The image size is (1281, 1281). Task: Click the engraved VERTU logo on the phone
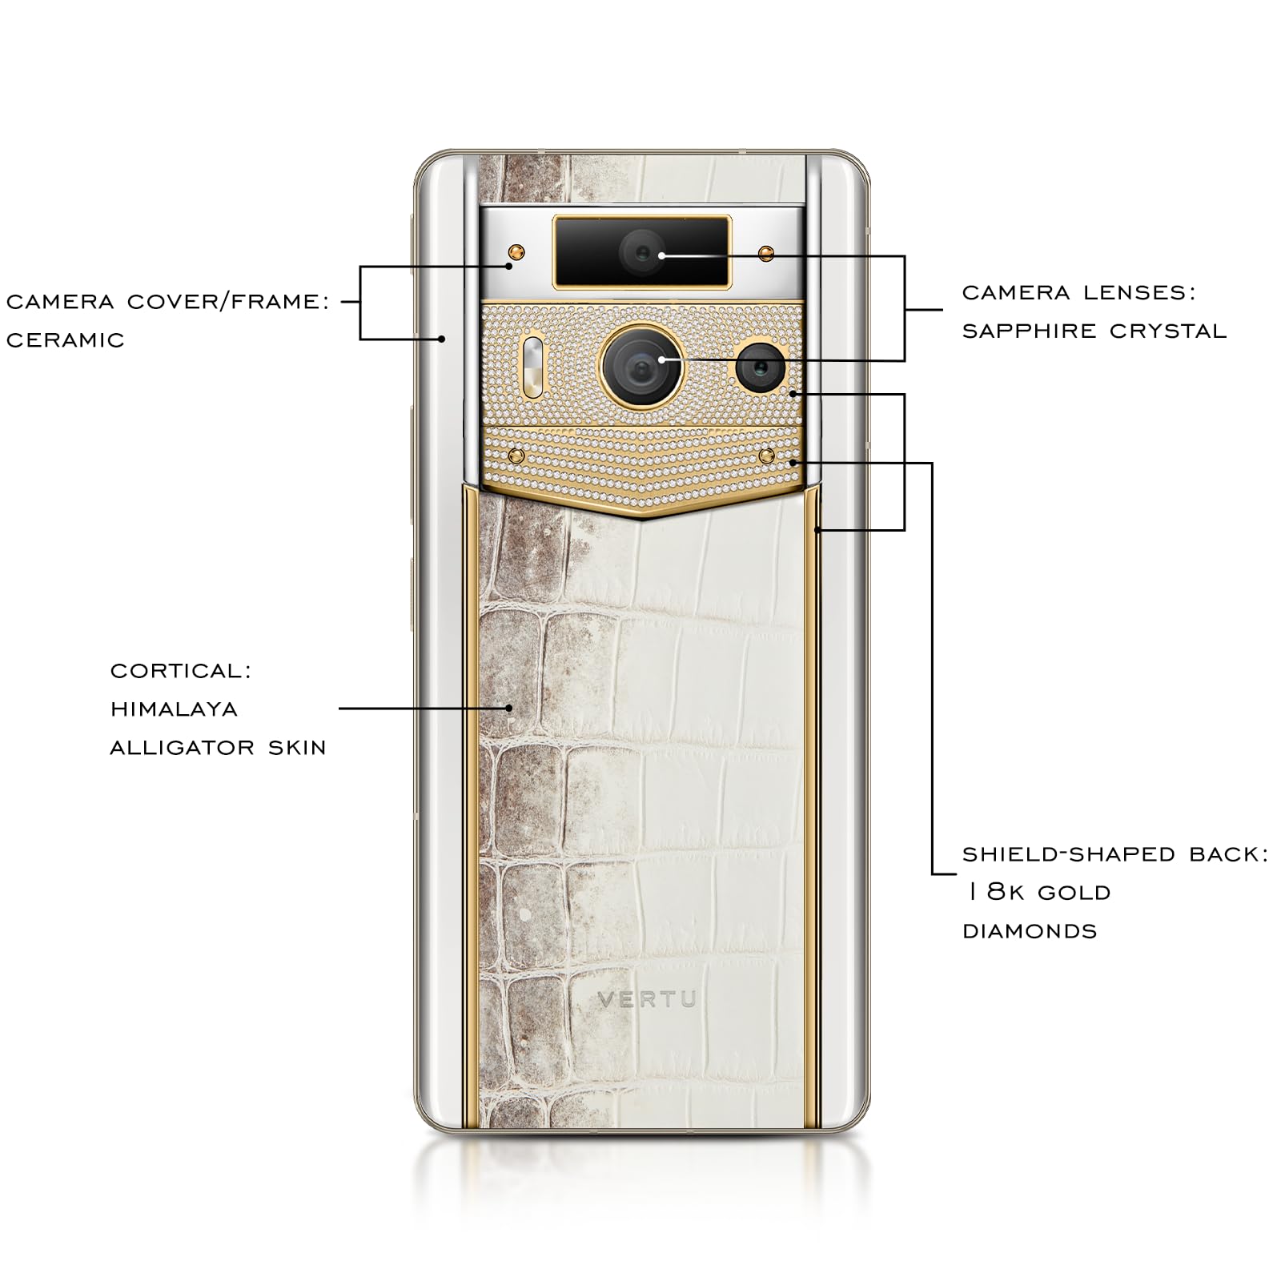(647, 999)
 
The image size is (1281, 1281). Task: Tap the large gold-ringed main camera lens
(641, 367)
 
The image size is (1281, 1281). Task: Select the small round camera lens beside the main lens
(760, 367)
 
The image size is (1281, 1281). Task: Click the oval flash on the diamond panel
(532, 367)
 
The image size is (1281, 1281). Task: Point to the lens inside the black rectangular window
(641, 252)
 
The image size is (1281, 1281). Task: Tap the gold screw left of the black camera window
(516, 253)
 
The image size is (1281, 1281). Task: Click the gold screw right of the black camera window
(766, 254)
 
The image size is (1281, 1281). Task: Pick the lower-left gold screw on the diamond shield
(516, 456)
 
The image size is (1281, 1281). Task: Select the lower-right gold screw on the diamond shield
(767, 456)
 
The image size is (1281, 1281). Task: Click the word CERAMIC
(66, 340)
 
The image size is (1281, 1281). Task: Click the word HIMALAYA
(174, 709)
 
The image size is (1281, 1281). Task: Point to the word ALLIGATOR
(182, 748)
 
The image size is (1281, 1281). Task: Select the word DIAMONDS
(1030, 931)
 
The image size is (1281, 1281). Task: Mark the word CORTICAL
(181, 671)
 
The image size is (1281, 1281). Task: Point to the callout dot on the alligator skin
(509, 708)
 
